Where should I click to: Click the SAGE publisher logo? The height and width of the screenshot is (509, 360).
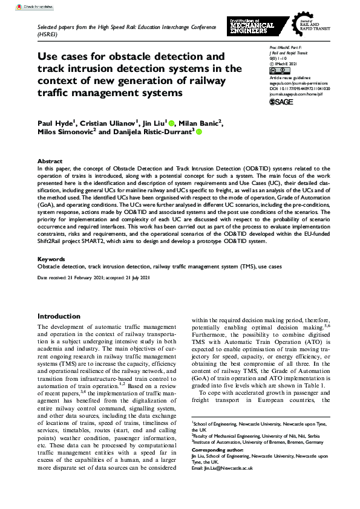pyautogui.click(x=281, y=103)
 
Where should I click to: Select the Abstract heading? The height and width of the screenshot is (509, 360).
pyautogui.click(x=50, y=161)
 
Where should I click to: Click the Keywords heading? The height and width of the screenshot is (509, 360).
pyautogui.click(x=51, y=259)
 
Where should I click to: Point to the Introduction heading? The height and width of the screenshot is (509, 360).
pyautogui.click(x=59, y=316)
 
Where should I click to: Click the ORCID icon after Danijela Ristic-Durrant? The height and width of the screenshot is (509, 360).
pyautogui.click(x=198, y=132)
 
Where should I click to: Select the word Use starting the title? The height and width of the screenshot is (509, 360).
pyautogui.click(x=48, y=56)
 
